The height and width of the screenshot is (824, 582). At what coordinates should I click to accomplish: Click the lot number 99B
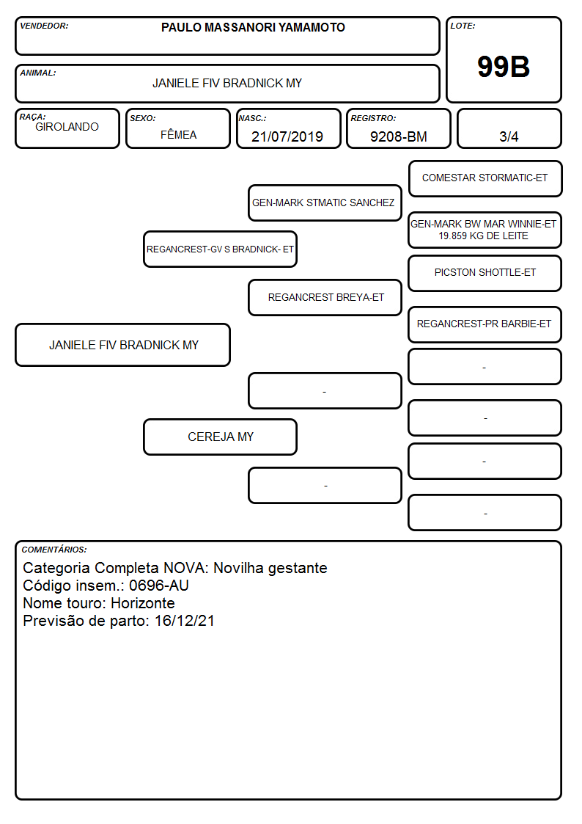pos(504,67)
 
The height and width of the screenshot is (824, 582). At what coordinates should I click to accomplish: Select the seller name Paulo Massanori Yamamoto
pos(253,27)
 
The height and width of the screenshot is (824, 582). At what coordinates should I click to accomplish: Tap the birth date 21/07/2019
pos(287,136)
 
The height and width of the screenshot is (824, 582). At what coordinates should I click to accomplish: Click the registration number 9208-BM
pos(398,136)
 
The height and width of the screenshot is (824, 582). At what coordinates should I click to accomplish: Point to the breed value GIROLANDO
pos(67,127)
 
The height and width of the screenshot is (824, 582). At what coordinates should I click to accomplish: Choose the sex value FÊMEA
pos(178,134)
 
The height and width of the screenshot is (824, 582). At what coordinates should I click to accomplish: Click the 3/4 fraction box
pos(509,128)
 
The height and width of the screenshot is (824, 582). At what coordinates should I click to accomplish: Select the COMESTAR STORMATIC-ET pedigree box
pos(485,179)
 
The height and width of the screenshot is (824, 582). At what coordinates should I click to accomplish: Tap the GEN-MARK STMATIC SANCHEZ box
pos(325,203)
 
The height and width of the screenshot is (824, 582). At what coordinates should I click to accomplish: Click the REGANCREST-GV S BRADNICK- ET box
pos(220,249)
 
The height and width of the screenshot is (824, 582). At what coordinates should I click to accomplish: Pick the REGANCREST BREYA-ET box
pos(325,297)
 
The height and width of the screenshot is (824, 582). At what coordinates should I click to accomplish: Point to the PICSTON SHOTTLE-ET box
pos(485,273)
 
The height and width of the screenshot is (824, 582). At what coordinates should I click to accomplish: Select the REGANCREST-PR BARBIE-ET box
pos(485,324)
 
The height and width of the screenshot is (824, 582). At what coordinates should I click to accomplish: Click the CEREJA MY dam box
pos(220,437)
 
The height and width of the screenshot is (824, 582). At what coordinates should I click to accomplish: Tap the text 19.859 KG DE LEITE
pos(483,236)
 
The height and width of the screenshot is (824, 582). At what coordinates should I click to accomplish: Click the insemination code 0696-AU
pos(159,586)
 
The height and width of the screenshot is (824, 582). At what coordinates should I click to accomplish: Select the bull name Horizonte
pos(143,603)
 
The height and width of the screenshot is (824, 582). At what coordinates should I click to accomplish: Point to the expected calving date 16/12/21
pos(185,621)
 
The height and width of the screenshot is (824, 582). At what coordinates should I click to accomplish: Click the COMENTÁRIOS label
pos(54,550)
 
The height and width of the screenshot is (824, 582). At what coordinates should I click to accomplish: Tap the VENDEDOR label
pos(44,26)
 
